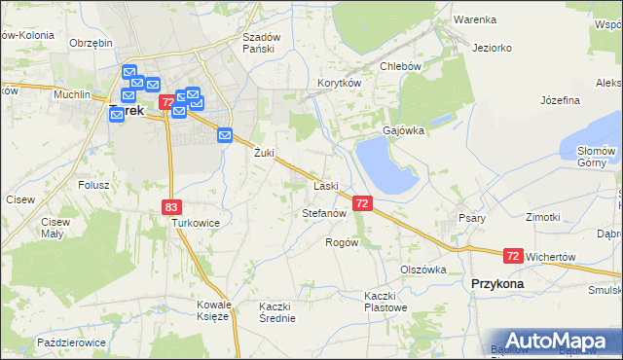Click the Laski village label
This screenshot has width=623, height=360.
point(325,186)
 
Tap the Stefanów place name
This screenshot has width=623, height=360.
point(325,212)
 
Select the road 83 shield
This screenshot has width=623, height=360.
point(171,206)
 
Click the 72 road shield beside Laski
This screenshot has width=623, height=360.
point(362,203)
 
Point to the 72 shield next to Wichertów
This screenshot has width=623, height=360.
point(513,256)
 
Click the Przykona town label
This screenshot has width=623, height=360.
point(496,283)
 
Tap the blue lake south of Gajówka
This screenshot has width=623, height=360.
point(385,163)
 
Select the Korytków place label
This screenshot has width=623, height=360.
point(339,84)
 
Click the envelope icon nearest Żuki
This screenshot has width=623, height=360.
point(225,135)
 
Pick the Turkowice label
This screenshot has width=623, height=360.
point(195,223)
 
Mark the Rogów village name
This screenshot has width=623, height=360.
point(342,242)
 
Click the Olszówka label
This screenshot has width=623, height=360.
point(422,270)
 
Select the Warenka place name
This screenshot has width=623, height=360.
point(475,19)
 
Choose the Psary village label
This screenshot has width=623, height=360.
point(472,218)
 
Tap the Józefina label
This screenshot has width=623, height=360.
point(560,100)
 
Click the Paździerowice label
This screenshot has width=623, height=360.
point(70,343)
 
